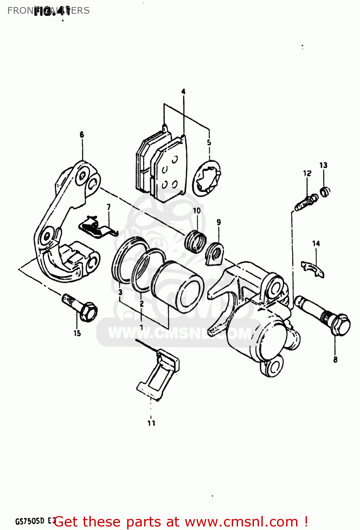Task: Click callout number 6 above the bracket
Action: pos(82,135)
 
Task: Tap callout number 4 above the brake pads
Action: pos(183,92)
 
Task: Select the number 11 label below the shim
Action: pos(151,423)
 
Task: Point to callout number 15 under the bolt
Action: pos(77,333)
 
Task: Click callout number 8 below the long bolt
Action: pos(335,359)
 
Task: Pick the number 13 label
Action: pos(323,165)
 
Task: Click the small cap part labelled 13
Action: pos(325,191)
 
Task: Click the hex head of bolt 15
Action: pos(88,312)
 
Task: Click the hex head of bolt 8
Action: pos(341,325)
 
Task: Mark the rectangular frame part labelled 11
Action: pos(158,375)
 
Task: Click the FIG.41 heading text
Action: pos(52,12)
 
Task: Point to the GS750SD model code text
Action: pos(30,521)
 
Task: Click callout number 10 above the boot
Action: pos(197,211)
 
